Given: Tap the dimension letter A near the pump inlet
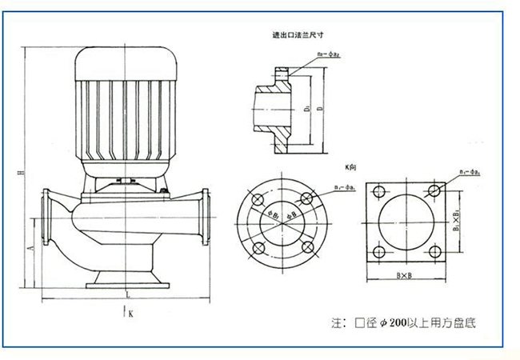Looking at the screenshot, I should (x=30, y=249).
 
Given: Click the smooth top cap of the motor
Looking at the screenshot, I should (x=124, y=61).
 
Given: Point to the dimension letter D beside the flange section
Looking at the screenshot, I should (x=320, y=108).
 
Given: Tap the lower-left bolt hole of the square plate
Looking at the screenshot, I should (x=377, y=250).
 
